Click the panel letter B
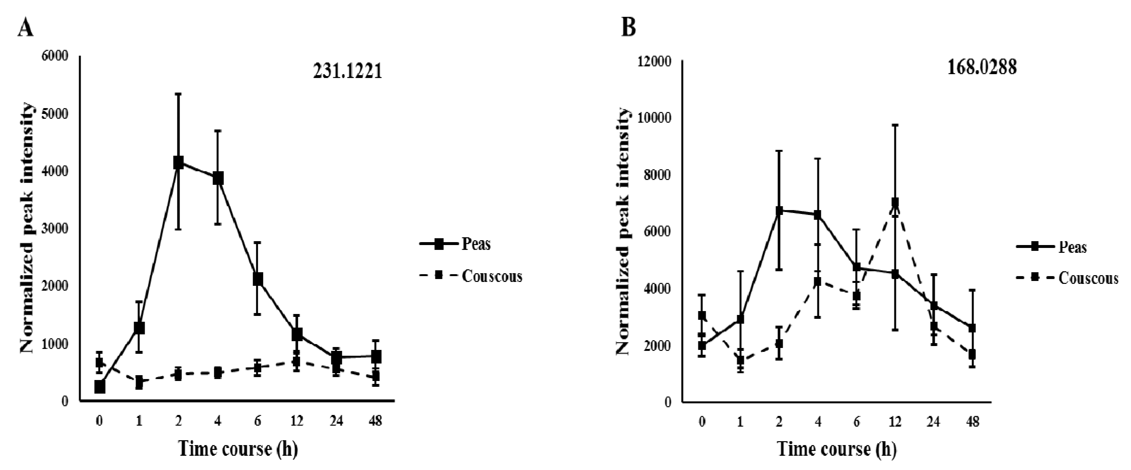pos(629,28)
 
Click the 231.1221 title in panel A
pos(347,72)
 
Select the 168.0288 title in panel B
pos(982,68)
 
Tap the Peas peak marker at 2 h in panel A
pos(178,162)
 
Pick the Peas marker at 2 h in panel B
pos(779,210)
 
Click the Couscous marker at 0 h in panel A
pos(100,363)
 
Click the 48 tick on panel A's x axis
pos(375,421)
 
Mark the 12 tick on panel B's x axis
pos(895,422)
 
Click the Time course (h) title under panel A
pos(238,449)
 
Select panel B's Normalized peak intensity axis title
pos(622,231)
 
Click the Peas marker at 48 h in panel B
pos(972,328)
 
